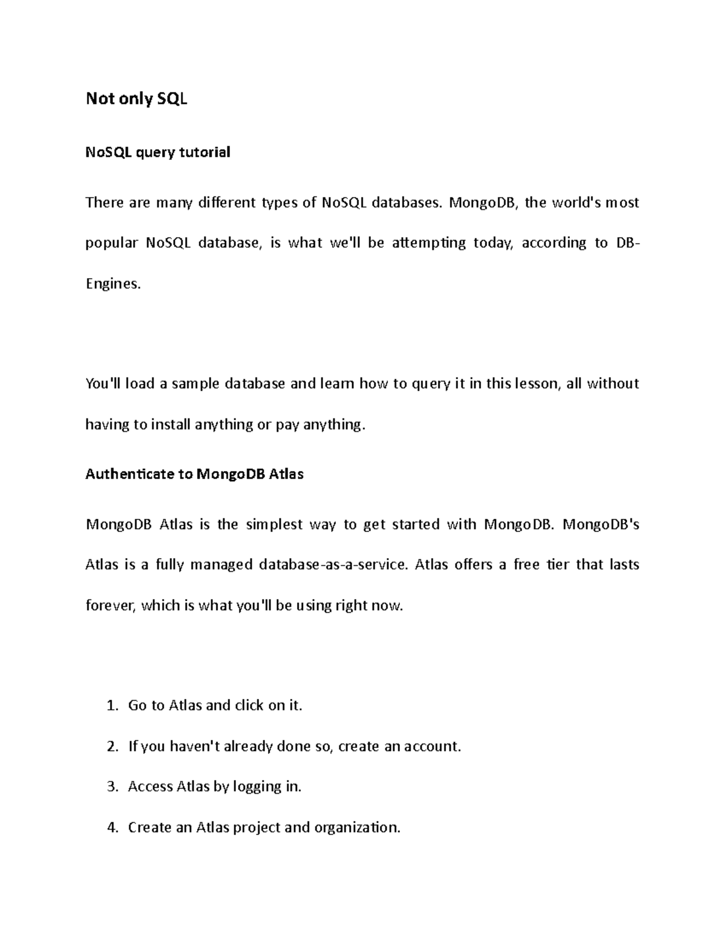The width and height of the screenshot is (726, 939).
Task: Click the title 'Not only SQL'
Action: [137, 99]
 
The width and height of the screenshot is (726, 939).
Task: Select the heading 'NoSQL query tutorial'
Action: [158, 152]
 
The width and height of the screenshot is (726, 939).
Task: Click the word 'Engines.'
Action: [113, 284]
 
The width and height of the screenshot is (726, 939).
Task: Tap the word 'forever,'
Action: [111, 605]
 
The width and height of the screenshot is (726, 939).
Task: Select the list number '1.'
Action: [111, 706]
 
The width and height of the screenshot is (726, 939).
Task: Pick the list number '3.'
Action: [111, 787]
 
